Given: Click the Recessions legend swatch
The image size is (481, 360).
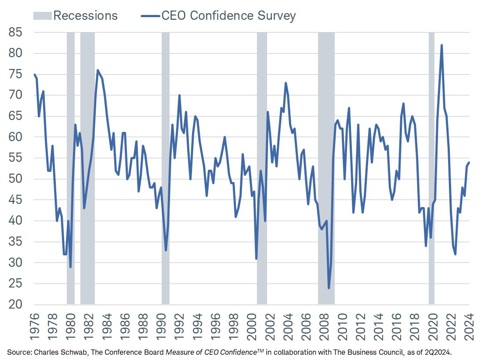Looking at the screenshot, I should (43, 16).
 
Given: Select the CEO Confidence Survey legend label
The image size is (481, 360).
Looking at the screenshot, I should (228, 16).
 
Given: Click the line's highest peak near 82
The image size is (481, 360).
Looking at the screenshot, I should (441, 45).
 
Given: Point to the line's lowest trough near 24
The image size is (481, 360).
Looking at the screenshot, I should (329, 288).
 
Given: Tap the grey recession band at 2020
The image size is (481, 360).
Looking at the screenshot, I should (431, 167).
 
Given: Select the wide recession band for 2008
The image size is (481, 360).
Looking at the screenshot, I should (326, 167).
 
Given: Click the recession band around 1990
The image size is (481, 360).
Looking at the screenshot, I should (166, 167).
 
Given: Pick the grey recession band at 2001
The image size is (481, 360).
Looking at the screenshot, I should (262, 167).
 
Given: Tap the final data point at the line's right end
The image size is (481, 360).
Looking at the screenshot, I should (469, 163).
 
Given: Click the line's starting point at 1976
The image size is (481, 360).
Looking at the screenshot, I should (34, 74).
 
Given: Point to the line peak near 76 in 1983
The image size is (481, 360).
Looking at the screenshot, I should (98, 70).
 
